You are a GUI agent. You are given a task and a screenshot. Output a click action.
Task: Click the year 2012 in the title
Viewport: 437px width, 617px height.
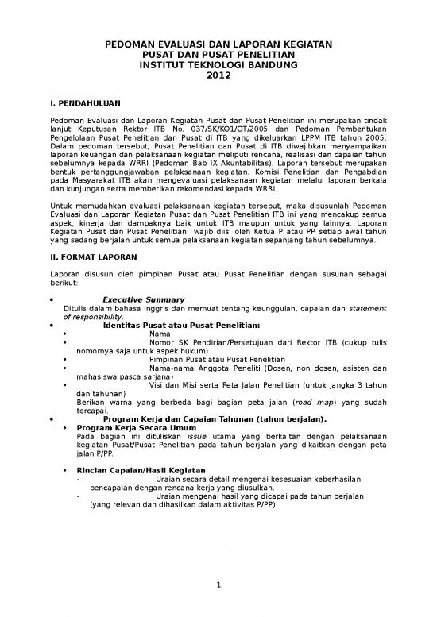pyautogui.click(x=218, y=76)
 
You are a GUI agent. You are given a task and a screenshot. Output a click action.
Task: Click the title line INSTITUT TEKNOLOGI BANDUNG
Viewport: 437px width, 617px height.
pyautogui.click(x=218, y=65)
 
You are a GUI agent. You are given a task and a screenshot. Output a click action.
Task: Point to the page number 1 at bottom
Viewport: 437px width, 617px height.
pyautogui.click(x=218, y=586)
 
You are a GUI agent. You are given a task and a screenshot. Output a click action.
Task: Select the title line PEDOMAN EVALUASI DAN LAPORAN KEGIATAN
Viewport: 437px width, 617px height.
pyautogui.click(x=218, y=44)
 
